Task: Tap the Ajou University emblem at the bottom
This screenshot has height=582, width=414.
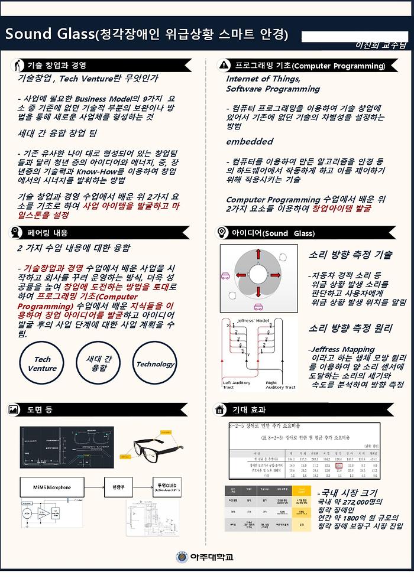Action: [x=182, y=557]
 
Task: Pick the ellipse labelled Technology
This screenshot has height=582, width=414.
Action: [x=156, y=364]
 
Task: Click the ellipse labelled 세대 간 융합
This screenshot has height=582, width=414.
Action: [x=99, y=363]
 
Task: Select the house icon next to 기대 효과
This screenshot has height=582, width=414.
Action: [x=219, y=409]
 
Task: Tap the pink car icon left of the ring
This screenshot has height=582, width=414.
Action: [x=225, y=275]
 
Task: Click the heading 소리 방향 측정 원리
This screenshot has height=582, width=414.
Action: [x=350, y=328]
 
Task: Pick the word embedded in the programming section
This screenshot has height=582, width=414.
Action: [x=249, y=142]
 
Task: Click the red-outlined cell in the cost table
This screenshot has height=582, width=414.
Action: [x=339, y=466]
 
